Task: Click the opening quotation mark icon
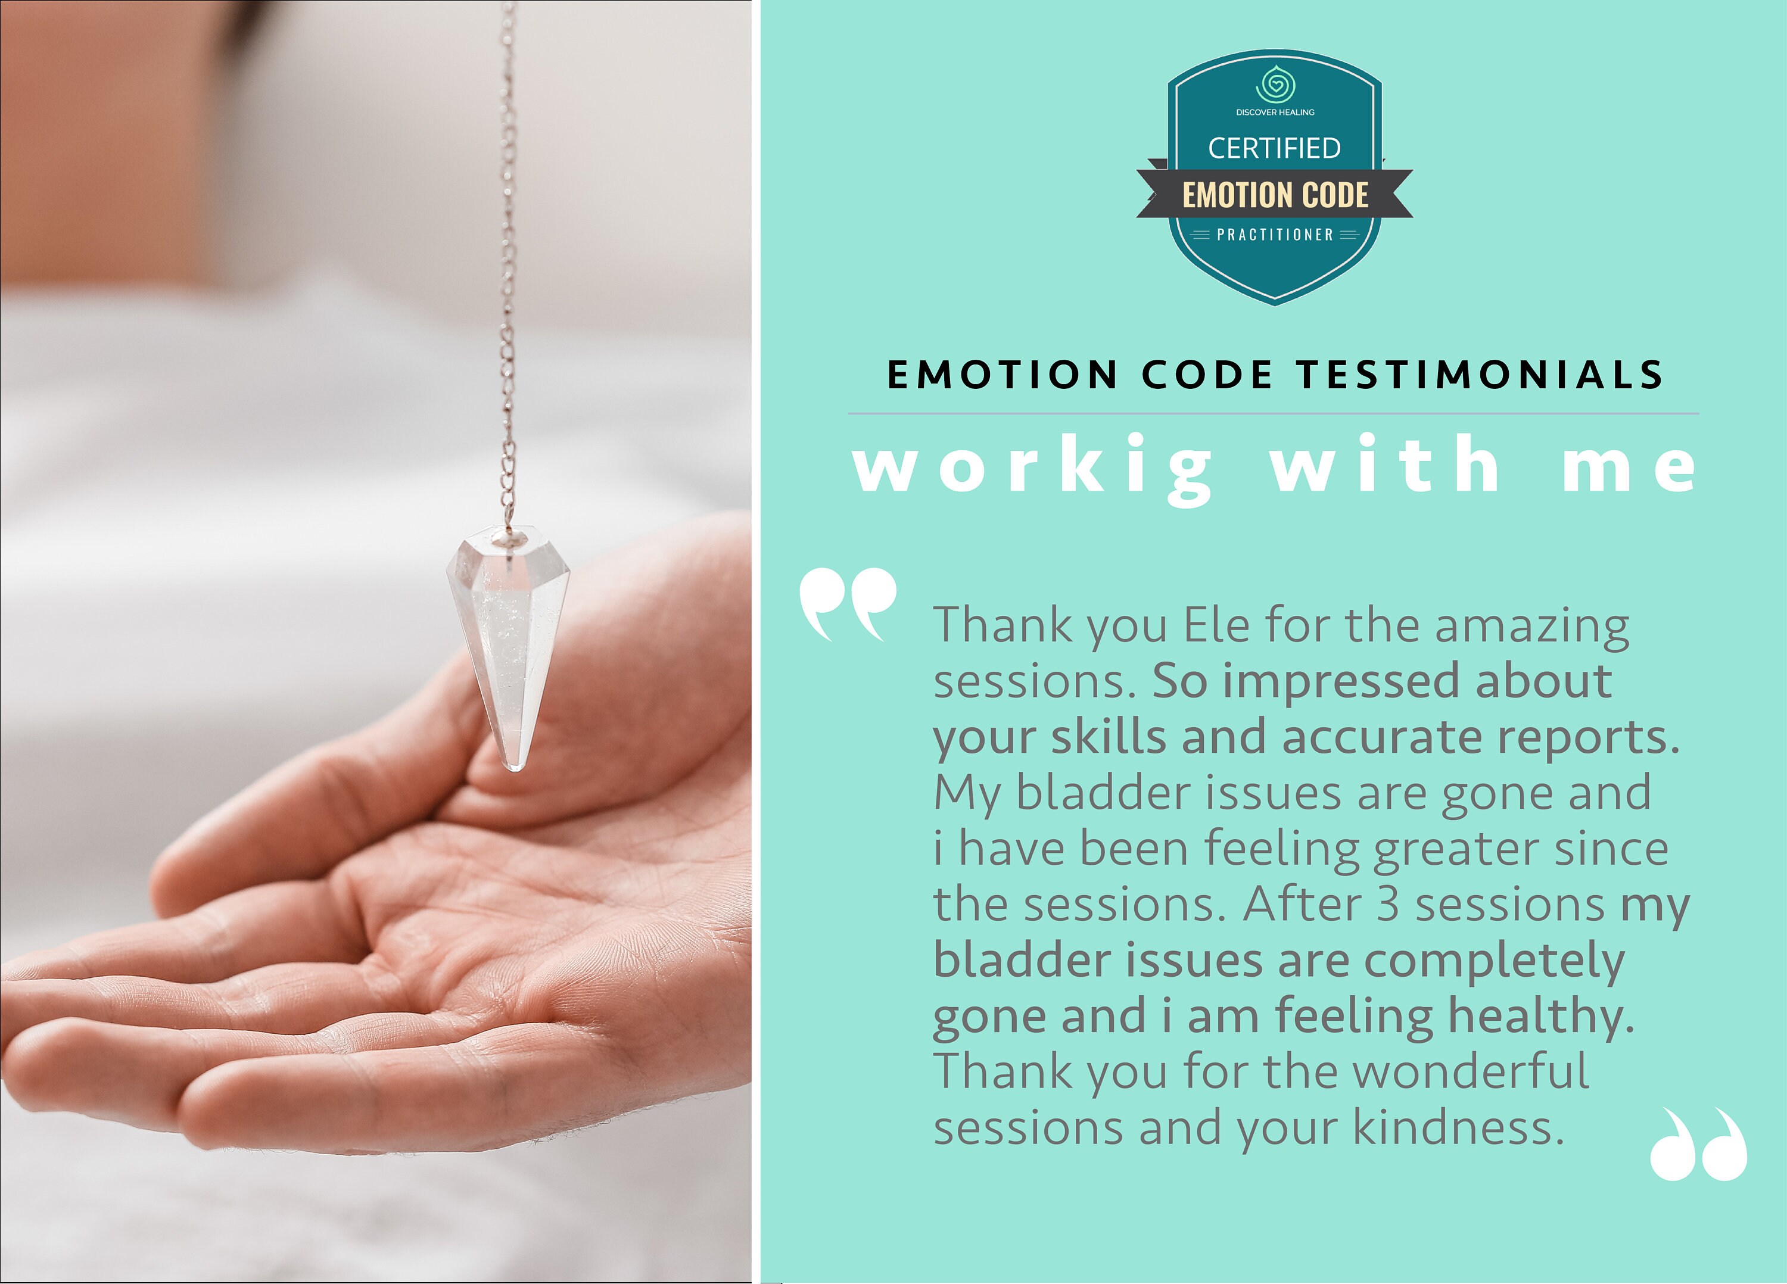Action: [x=847, y=603]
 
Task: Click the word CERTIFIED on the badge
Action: [x=1274, y=148]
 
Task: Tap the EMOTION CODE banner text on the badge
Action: [x=1275, y=195]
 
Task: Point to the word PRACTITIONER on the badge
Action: [x=1275, y=235]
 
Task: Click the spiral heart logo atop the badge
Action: [x=1275, y=85]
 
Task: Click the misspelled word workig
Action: [x=1032, y=467]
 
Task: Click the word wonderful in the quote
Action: [x=1470, y=1071]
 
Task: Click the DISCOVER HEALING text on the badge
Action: [x=1275, y=113]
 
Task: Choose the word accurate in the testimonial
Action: [x=1382, y=737]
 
